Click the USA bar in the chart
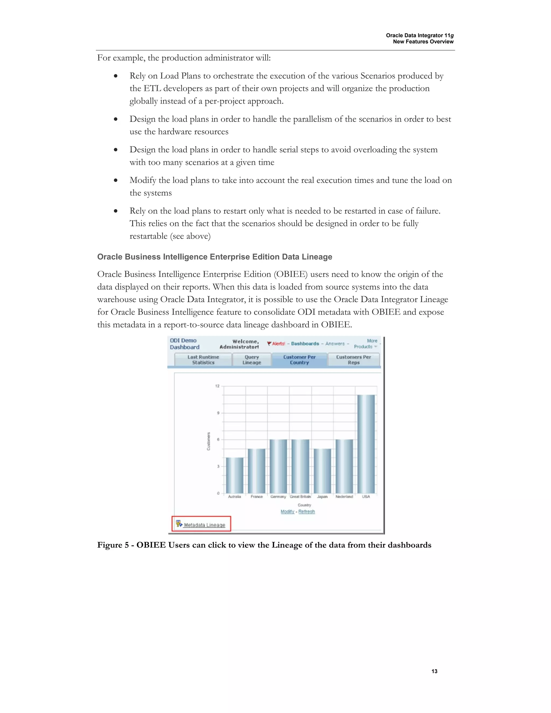click(366, 444)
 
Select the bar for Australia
click(234, 475)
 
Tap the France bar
click(257, 471)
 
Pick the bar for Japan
click(322, 471)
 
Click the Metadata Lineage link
click(204, 525)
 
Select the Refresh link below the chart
click(306, 511)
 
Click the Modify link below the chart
click(287, 511)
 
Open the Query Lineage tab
click(252, 360)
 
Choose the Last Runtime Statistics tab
click(203, 360)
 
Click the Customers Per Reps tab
click(354, 360)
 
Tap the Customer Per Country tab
click(299, 360)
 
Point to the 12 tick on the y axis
click(217, 386)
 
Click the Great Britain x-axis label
click(300, 497)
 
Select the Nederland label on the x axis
click(344, 497)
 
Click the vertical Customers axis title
click(209, 441)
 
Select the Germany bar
click(278, 466)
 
